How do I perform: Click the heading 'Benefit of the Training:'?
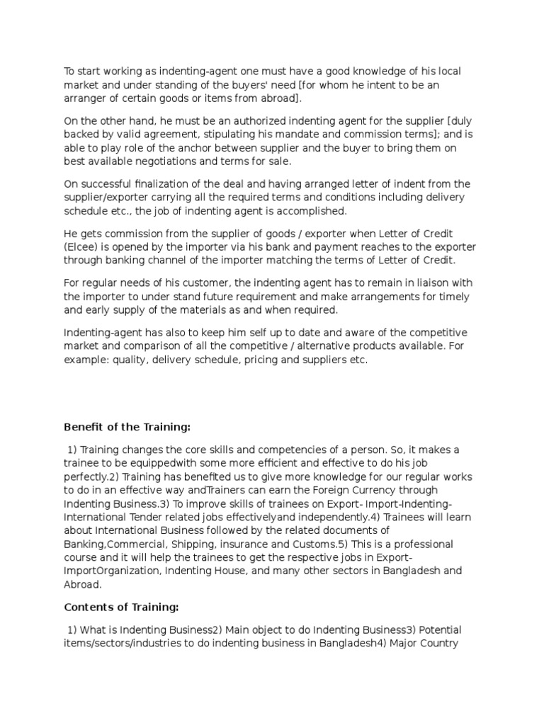[x=127, y=428]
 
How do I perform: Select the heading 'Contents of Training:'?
[x=121, y=607]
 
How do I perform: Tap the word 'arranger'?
[x=85, y=97]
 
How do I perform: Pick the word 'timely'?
[x=451, y=297]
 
